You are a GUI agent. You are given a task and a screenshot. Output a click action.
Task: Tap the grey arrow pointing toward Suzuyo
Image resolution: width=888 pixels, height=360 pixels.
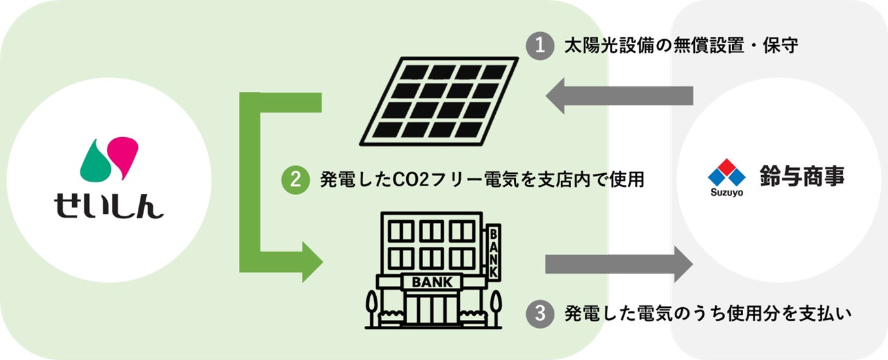tap(618, 263)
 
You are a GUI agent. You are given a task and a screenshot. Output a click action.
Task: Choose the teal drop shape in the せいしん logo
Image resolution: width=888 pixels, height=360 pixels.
tap(94, 162)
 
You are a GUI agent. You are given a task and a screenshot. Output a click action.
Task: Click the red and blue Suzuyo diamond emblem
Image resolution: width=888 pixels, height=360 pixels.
tap(726, 172)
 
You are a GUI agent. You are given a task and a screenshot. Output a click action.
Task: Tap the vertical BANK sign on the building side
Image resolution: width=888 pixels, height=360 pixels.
tap(493, 252)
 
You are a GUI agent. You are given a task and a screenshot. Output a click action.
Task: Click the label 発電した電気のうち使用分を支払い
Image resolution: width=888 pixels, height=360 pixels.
tap(708, 314)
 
